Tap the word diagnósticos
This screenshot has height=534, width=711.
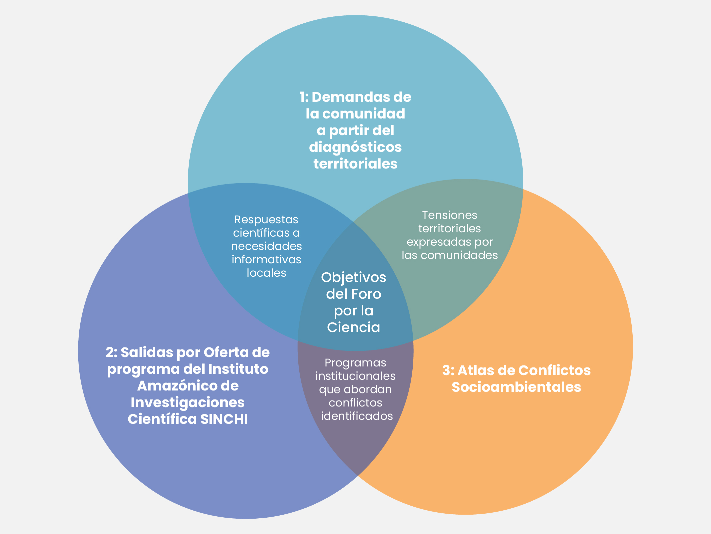(x=355, y=147)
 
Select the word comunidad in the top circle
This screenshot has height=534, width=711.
(x=364, y=114)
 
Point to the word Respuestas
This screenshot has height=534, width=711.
(x=266, y=220)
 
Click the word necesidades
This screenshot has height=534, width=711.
(x=266, y=246)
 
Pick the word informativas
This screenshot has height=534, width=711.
(x=266, y=260)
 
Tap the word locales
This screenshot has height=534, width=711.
(x=266, y=273)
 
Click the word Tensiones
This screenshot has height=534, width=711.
(x=449, y=215)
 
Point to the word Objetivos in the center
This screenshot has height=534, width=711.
(x=353, y=277)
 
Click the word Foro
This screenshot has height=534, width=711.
(x=368, y=294)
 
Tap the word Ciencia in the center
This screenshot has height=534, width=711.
(x=353, y=327)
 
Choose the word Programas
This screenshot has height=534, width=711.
(x=355, y=363)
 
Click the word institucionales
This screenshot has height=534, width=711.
(x=355, y=376)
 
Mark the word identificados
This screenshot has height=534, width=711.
(x=357, y=416)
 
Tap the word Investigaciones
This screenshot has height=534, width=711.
(x=187, y=403)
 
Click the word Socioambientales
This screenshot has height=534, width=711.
(x=516, y=387)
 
